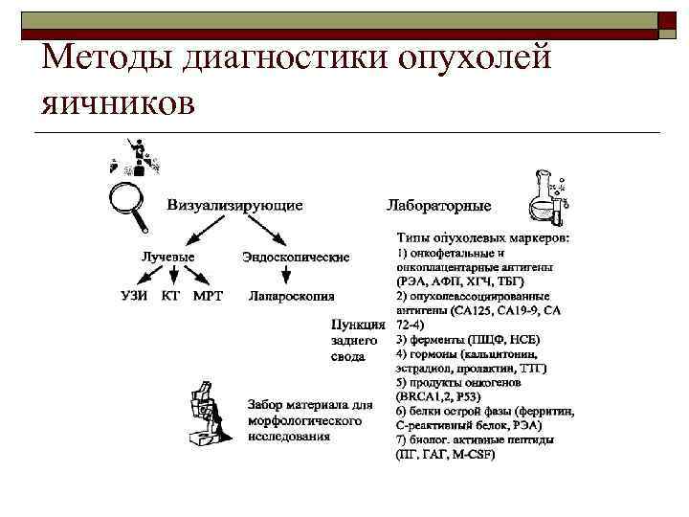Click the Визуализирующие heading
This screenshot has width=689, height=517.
(x=235, y=204)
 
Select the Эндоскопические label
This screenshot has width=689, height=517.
(x=296, y=257)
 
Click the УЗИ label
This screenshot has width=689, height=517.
(x=133, y=295)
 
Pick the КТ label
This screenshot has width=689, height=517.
(x=170, y=295)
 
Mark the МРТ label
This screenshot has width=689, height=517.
(x=208, y=295)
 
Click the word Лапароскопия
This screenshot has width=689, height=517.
(x=292, y=296)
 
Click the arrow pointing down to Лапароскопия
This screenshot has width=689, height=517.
(x=285, y=275)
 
